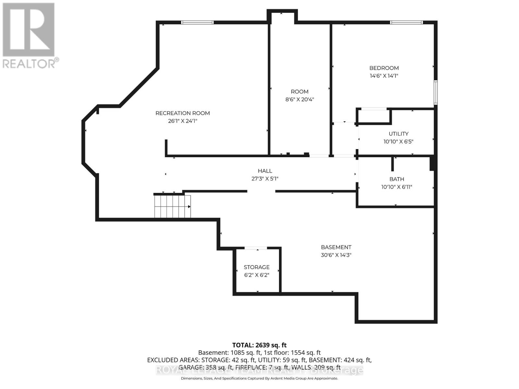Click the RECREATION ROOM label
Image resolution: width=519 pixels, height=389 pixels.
(183, 113)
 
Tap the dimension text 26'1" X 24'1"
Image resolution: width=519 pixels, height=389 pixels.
(183, 121)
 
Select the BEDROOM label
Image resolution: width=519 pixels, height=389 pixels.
(384, 68)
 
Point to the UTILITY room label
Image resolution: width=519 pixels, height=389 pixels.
(398, 134)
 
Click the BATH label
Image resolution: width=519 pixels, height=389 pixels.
(397, 179)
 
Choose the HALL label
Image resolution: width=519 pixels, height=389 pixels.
(265, 171)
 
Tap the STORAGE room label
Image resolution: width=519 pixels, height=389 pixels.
(257, 267)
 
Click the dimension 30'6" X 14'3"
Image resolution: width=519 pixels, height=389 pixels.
(336, 255)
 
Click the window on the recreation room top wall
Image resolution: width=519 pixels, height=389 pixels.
(197, 22)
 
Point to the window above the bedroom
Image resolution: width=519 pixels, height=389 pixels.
(406, 22)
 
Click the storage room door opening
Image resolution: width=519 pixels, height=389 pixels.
(256, 248)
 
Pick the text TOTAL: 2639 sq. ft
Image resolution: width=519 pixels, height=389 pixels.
(259, 345)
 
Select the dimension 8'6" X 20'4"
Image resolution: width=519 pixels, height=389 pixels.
(299, 100)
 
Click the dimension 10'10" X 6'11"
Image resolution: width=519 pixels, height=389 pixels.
(397, 187)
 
